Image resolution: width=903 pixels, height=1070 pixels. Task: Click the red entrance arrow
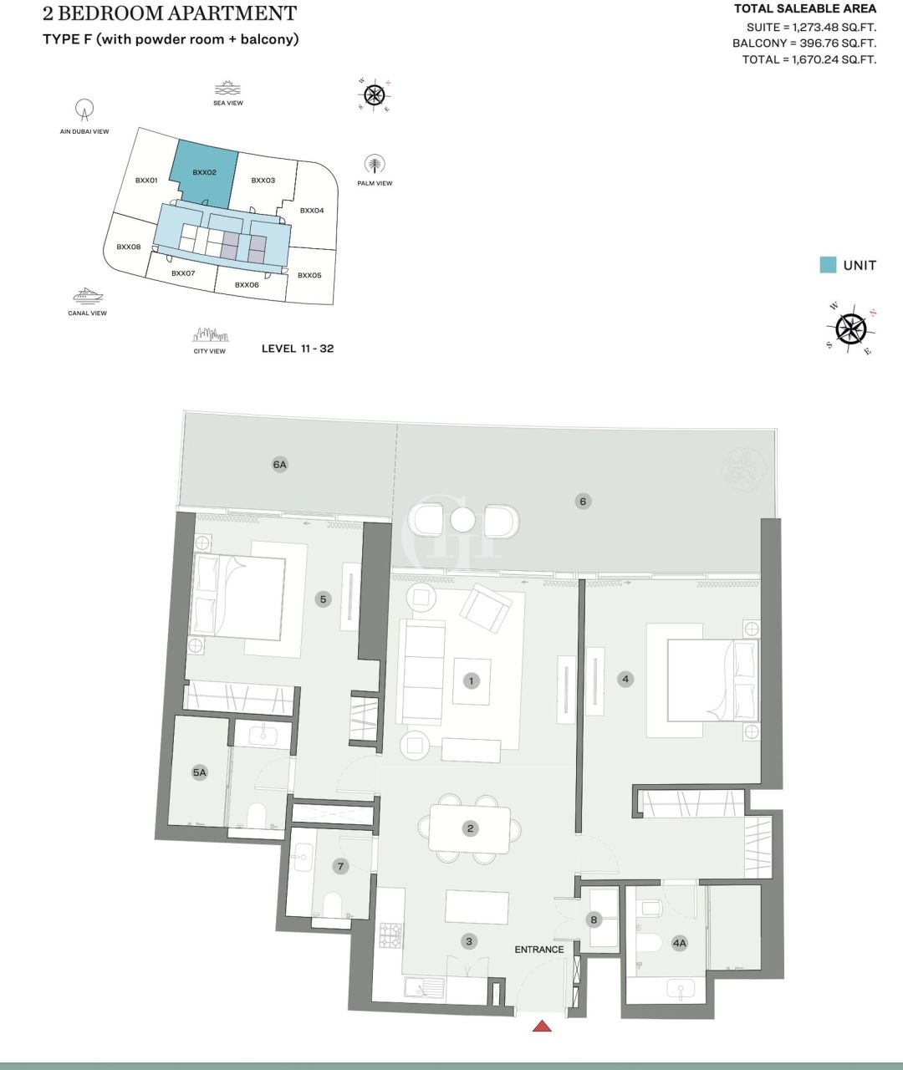point(542,1026)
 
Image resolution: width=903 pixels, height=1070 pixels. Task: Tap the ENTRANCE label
point(538,950)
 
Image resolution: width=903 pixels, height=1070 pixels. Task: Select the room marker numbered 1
point(472,681)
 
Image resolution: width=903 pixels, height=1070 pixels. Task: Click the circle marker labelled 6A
point(279,465)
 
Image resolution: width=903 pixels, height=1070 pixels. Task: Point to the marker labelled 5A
point(199,773)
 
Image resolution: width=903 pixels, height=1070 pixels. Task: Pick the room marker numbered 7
point(340,867)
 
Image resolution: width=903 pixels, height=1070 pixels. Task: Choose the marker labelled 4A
point(679,944)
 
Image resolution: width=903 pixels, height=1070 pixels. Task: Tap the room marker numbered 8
point(594,920)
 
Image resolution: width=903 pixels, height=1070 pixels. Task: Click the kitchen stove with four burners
point(390,935)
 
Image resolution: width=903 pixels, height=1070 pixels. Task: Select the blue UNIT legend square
point(828,265)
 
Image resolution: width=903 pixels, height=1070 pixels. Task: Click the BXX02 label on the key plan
point(204,173)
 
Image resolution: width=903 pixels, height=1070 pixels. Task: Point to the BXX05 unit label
point(309,276)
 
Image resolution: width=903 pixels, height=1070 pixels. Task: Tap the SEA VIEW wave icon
point(227,89)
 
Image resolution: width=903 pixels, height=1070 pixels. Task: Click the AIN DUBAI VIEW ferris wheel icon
point(84,110)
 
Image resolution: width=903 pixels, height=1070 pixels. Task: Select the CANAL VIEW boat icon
point(87,296)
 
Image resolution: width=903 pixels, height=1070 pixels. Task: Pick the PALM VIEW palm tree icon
point(375,164)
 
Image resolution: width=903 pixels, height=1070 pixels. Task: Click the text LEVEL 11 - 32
point(298,349)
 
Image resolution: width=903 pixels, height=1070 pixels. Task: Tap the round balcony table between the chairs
point(462,520)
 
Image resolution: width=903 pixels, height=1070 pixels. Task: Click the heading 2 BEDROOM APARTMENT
point(170,14)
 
